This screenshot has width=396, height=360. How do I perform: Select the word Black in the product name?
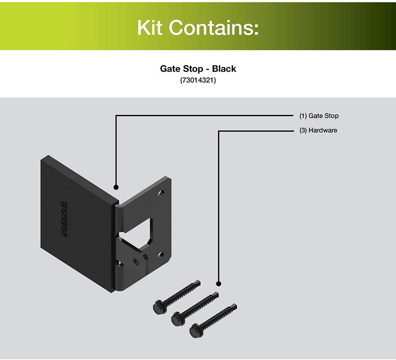pyautogui.click(x=224, y=69)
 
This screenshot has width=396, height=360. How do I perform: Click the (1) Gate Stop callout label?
pyautogui.click(x=319, y=116)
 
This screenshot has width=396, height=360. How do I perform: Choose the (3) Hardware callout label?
pyautogui.click(x=318, y=130)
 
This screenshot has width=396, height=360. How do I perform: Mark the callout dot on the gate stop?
pyautogui.click(x=116, y=187)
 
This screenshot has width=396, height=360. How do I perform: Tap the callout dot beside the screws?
pyautogui.click(x=219, y=284)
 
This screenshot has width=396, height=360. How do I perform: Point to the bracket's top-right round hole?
pyautogui.click(x=161, y=194)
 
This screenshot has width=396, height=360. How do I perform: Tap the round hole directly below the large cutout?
pyautogui.click(x=136, y=261)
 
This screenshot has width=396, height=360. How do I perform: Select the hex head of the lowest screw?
pyautogui.click(x=194, y=329)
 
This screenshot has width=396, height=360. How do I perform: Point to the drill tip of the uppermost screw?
pyautogui.click(x=198, y=283)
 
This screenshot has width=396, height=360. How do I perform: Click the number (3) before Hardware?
pyautogui.click(x=303, y=130)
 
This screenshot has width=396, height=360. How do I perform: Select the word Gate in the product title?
pyautogui.click(x=169, y=69)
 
